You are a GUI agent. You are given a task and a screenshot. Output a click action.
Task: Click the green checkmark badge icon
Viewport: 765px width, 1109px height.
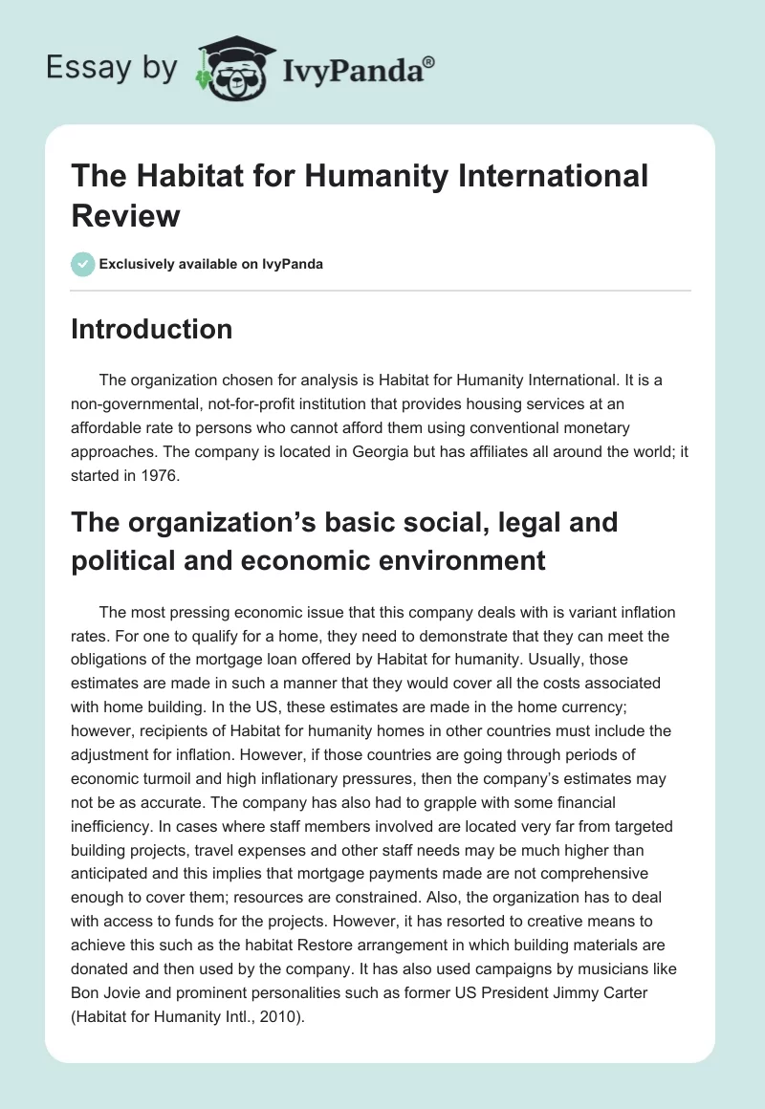83,264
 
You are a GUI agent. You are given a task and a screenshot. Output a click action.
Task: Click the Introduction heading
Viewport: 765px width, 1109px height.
152,329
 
